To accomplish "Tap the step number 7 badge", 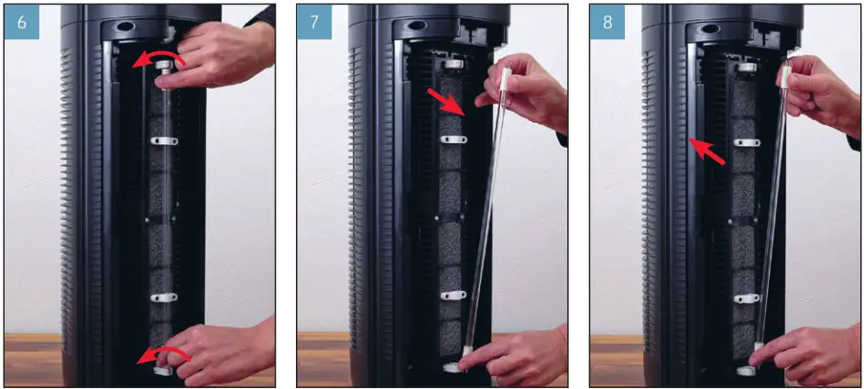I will point(315,22).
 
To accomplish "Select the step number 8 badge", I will point(607,22).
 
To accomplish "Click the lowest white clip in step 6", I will point(162,298).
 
